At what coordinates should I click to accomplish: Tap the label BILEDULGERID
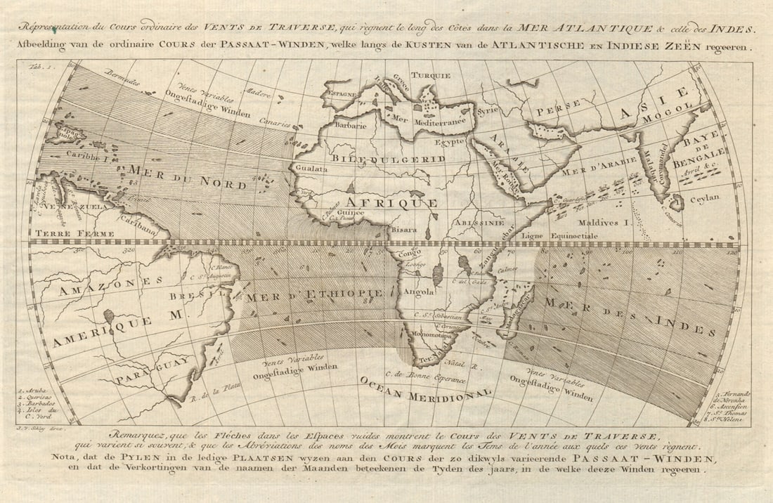[x=389, y=159]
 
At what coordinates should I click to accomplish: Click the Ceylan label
[x=705, y=198]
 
